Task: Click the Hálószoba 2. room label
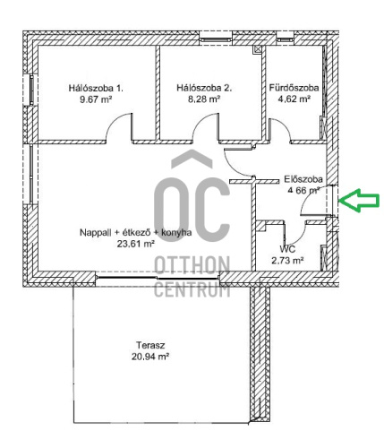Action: pyautogui.click(x=205, y=88)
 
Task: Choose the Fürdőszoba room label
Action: pyautogui.click(x=294, y=88)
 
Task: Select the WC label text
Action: pyautogui.click(x=288, y=248)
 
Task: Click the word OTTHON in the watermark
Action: pyautogui.click(x=192, y=265)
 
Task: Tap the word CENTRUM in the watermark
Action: pyautogui.click(x=192, y=289)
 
